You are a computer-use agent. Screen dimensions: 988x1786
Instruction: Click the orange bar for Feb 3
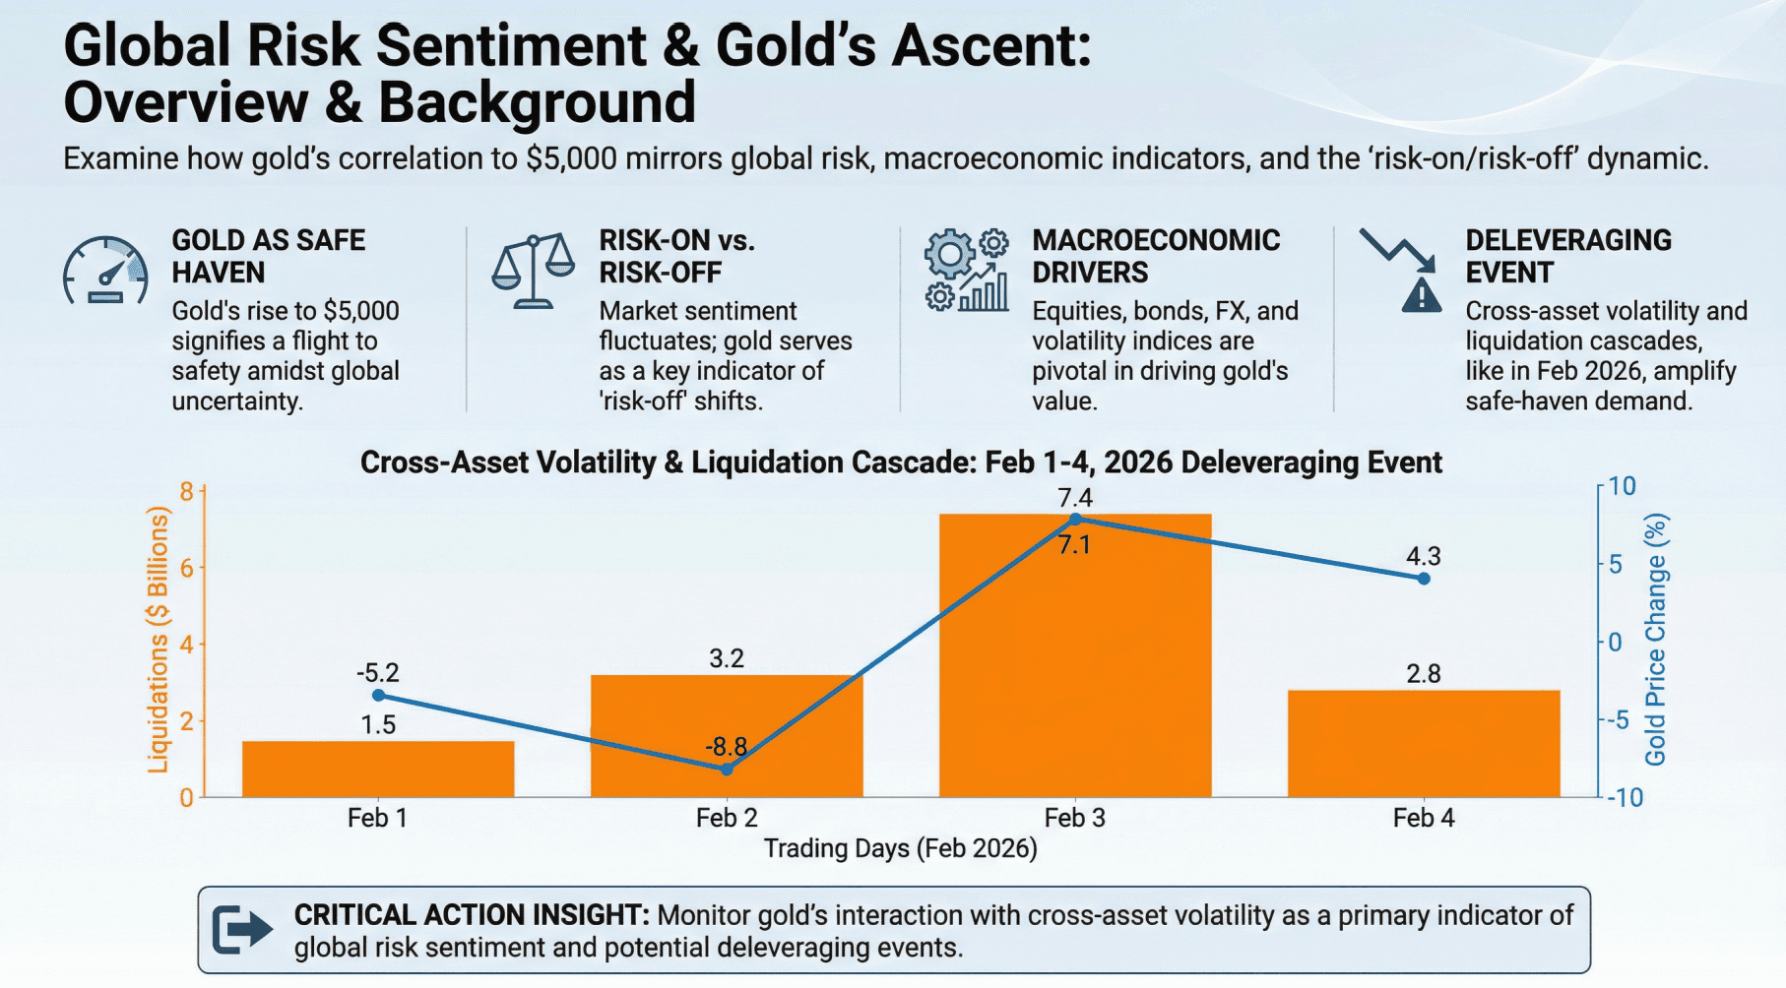pos(1075,669)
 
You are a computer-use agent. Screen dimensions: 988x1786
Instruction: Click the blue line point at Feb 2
pos(727,770)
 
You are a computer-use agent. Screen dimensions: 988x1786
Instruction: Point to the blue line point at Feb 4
pos(1424,579)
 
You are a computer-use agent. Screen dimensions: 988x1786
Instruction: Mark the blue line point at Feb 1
pos(379,696)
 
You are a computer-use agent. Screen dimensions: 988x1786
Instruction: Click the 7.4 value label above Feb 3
pos(1075,498)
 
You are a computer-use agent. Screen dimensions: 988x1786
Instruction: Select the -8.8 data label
pos(726,747)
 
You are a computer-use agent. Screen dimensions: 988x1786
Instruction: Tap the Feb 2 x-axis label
pos(727,818)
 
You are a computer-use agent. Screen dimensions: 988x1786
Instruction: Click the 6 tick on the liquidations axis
pos(187,568)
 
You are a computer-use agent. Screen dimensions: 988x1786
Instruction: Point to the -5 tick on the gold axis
pos(1616,720)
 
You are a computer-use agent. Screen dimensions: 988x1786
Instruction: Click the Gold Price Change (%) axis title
pos(1655,640)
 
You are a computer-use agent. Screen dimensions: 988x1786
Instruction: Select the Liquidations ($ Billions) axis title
pos(158,640)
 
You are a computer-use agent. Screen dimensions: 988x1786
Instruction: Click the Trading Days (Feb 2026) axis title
pos(900,848)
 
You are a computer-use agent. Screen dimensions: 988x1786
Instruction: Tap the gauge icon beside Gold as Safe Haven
pos(105,271)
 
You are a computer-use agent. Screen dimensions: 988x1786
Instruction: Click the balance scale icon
pos(533,271)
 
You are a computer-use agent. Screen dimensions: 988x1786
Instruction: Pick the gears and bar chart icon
pos(967,271)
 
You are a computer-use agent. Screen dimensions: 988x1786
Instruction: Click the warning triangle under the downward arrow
pos(1422,294)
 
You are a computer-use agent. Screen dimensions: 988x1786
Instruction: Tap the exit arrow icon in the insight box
pos(242,929)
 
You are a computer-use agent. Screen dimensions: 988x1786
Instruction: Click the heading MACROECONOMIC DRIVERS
pos(1156,256)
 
